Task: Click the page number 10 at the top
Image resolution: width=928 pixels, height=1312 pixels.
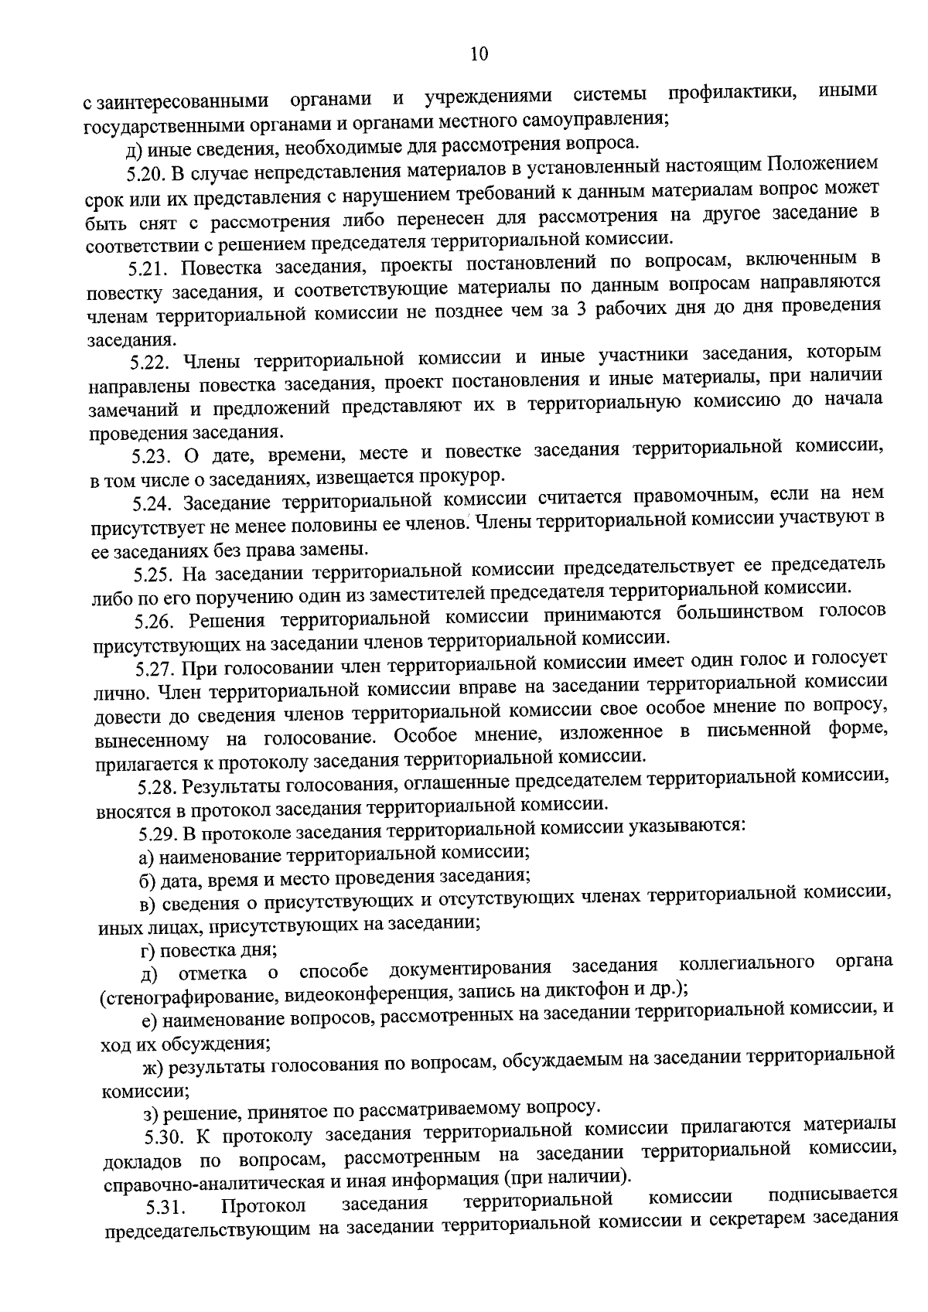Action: [479, 53]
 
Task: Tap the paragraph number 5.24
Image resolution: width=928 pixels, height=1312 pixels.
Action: [150, 503]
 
